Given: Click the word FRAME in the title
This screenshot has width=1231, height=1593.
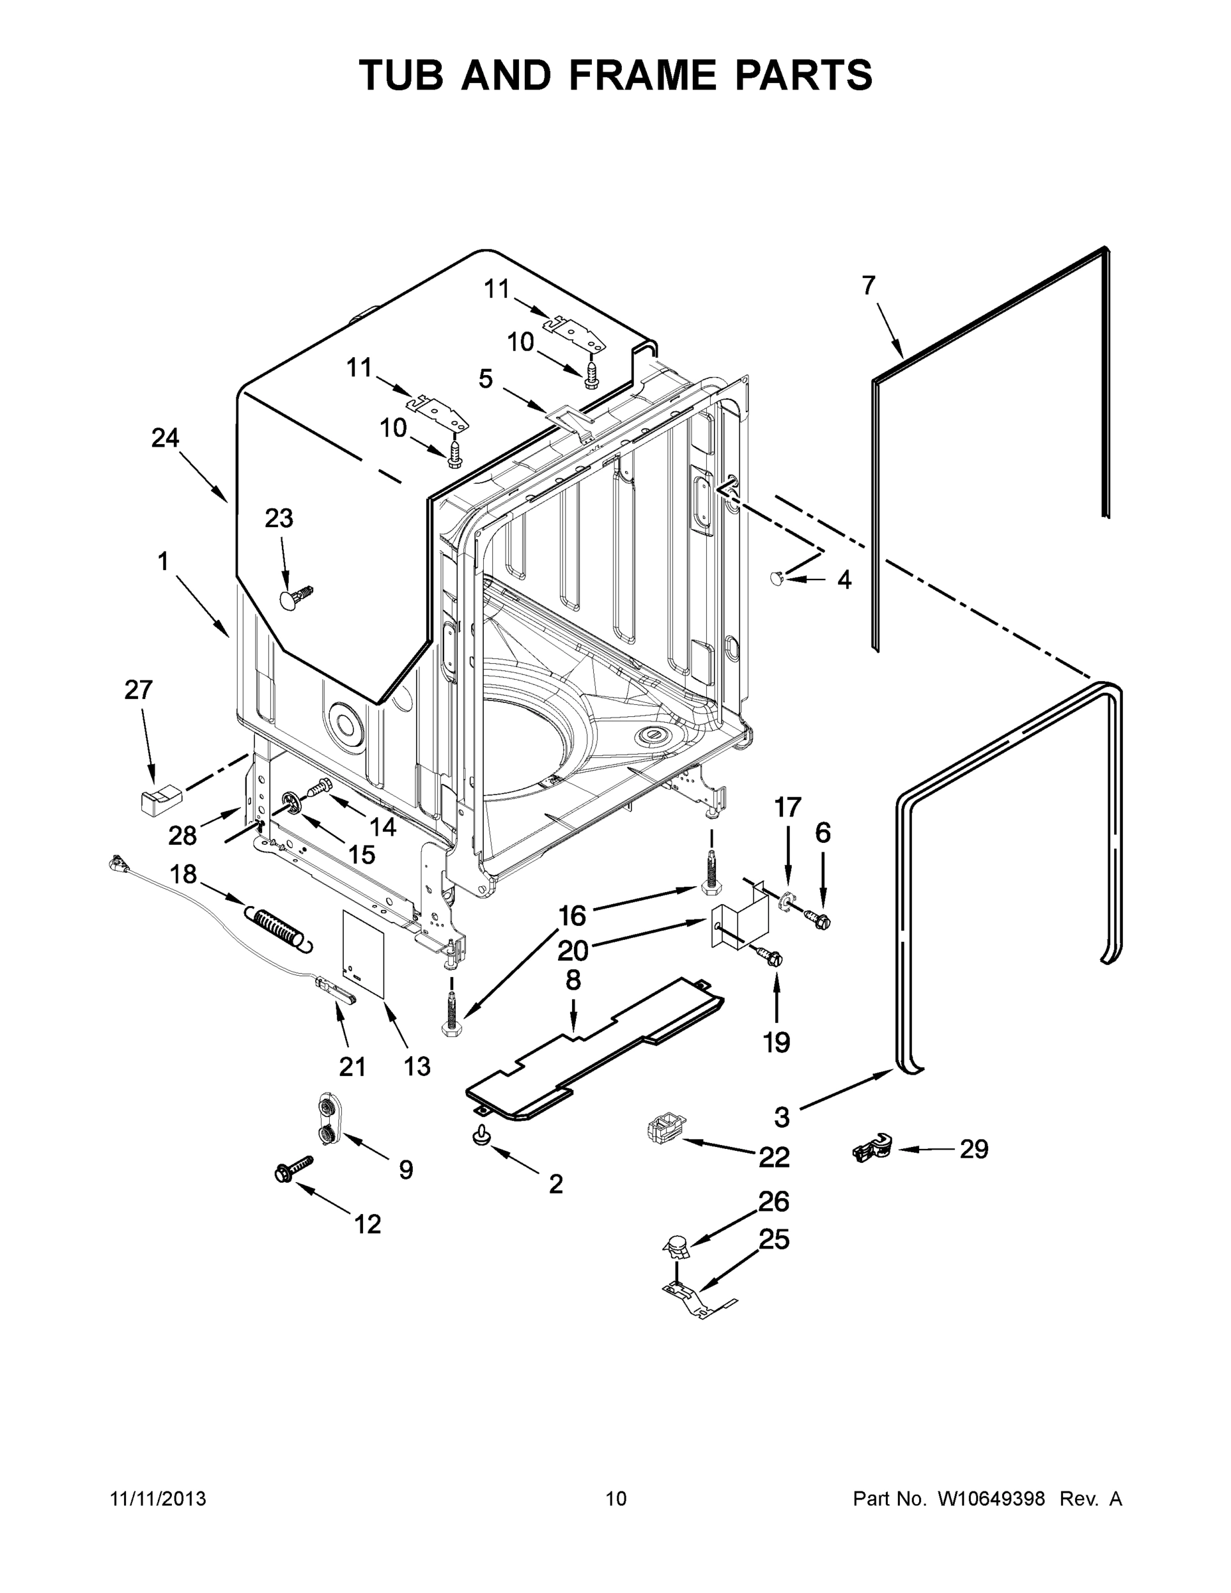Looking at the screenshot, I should [632, 75].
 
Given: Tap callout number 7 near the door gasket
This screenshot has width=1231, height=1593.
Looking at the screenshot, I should [868, 285].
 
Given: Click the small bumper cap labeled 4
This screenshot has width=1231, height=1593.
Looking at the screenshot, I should [777, 577].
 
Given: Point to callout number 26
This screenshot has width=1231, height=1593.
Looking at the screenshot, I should [773, 1201].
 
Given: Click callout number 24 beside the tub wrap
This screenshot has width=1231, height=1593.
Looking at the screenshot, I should [165, 437].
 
